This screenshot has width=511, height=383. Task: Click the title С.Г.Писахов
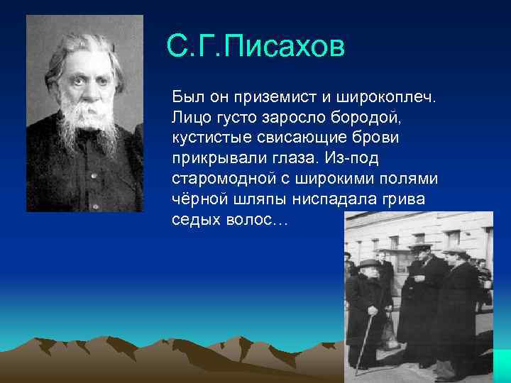[x=255, y=47]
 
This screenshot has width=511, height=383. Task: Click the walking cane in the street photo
[x=363, y=344]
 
